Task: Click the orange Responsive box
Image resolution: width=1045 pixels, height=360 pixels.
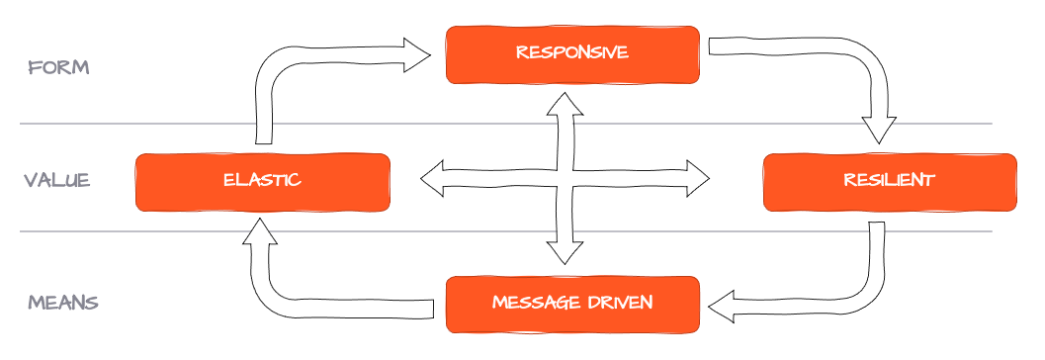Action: [572, 53]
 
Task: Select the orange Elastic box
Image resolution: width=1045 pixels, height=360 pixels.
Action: [262, 182]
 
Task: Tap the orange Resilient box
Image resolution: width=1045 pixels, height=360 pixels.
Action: [889, 182]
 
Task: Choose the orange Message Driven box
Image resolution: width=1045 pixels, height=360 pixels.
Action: [572, 303]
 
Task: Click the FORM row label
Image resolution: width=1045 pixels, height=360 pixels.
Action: [59, 67]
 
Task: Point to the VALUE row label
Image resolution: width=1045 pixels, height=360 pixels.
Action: [57, 180]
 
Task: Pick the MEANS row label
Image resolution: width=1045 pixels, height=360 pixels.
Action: [62, 302]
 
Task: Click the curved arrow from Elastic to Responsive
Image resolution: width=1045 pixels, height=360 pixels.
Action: [297, 69]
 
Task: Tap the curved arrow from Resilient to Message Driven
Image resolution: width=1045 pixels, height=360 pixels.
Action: [850, 292]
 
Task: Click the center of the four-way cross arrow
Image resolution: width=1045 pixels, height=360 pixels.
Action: [565, 179]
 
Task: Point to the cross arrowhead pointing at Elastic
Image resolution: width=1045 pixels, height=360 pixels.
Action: [433, 179]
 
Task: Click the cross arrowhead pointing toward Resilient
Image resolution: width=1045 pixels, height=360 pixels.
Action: [697, 179]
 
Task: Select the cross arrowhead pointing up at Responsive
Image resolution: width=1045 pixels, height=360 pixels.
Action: [565, 102]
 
